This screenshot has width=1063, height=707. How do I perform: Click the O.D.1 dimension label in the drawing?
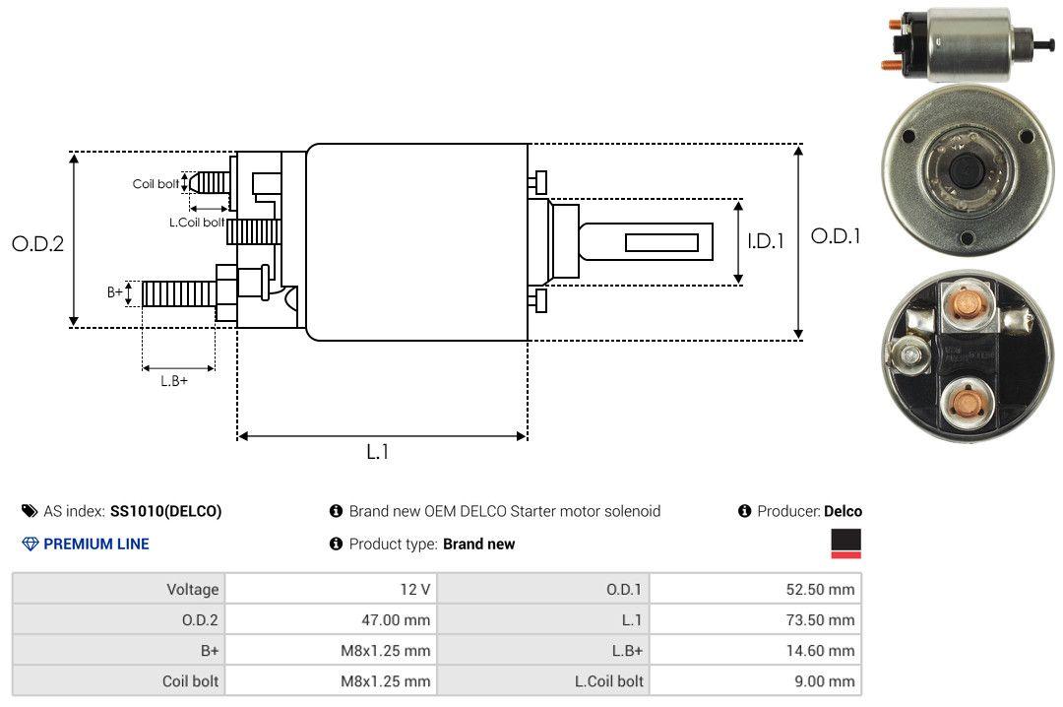click(836, 236)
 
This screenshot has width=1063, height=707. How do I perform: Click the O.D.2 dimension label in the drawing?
click(37, 243)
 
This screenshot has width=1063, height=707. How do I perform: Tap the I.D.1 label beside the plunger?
click(765, 241)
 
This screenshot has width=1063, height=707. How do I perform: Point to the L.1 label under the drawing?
click(378, 452)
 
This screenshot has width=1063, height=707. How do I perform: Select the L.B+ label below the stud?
click(174, 381)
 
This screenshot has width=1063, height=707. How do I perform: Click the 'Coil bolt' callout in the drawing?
click(156, 184)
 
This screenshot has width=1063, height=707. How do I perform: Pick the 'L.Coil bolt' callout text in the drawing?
click(197, 223)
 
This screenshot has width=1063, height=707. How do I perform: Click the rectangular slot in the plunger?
click(661, 242)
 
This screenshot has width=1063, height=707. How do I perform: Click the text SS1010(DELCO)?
click(165, 511)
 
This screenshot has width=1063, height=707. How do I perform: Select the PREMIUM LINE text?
click(96, 544)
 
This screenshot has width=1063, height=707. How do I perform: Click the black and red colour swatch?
click(845, 544)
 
